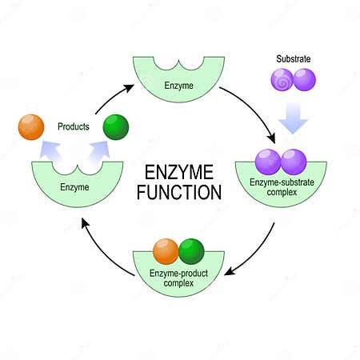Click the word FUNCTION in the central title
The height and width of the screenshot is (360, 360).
[x=180, y=192]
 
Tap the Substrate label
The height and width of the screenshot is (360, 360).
[x=293, y=59]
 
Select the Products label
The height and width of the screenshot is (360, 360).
[x=74, y=126]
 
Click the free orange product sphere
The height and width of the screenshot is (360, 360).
[x=30, y=127]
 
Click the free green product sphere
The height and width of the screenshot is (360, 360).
[x=116, y=127]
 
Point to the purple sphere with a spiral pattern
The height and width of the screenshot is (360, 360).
[x=283, y=80]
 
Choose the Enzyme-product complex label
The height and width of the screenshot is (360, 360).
[x=179, y=278]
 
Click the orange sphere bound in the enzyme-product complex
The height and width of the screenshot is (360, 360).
[x=166, y=250]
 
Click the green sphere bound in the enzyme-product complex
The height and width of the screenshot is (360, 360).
[x=192, y=250]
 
